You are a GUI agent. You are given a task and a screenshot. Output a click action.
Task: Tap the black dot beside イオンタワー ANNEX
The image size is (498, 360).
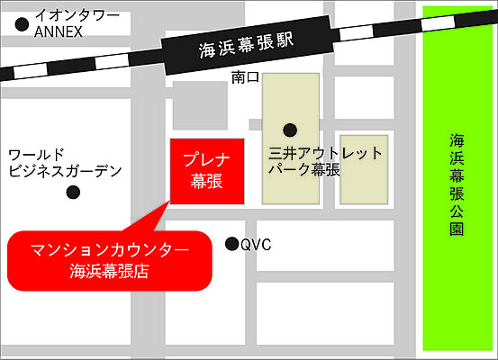coord(21,24)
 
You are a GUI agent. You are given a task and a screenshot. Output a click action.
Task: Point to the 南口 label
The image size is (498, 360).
coord(245,77)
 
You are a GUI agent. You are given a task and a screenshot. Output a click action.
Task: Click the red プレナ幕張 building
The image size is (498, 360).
coord(207,170)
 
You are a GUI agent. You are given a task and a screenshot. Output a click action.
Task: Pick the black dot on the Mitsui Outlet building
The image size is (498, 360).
coord(289,129)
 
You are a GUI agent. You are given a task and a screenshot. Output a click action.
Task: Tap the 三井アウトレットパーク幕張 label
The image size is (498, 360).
coord(325,161)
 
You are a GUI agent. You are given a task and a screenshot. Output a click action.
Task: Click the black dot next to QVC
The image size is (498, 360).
coord(231,243)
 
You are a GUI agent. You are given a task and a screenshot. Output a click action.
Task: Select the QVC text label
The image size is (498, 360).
coord(256,244)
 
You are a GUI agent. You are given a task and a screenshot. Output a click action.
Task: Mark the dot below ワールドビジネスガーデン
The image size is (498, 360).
coord(74,192)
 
